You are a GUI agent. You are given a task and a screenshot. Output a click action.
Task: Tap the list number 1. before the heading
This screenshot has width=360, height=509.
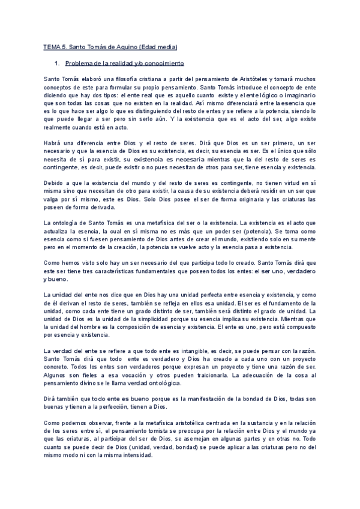point(56,62)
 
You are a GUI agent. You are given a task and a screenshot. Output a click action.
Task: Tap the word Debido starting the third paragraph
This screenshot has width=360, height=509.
point(55,181)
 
